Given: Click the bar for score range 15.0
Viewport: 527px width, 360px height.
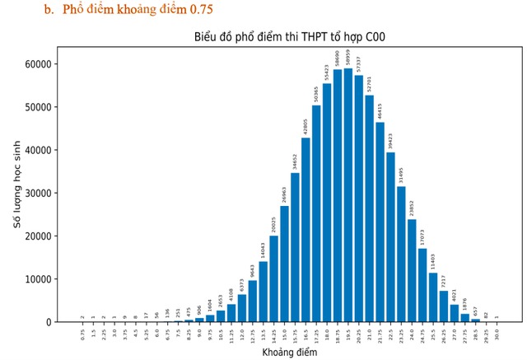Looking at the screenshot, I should click(285, 264).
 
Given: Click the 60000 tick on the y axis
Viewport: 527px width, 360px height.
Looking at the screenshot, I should click(40, 64).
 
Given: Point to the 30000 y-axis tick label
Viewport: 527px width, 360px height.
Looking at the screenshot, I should click(40, 193).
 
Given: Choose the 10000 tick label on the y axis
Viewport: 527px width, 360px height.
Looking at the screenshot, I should click(40, 279).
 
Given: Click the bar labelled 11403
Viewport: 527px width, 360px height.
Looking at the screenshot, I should click(433, 297).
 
